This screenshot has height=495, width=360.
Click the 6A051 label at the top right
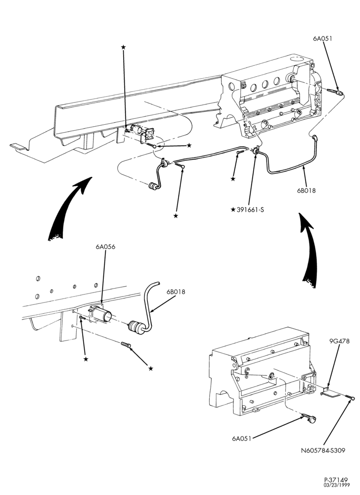click(322, 39)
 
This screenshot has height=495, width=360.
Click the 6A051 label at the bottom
click(241, 439)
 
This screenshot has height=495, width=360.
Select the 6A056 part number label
click(105, 247)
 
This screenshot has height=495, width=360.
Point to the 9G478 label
click(340, 341)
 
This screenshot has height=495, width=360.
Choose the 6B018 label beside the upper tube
click(306, 191)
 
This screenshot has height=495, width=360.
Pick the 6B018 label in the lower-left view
click(176, 292)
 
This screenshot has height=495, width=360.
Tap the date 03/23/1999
click(336, 485)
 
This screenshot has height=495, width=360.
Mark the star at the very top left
click(123, 47)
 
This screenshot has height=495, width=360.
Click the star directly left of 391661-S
click(233, 209)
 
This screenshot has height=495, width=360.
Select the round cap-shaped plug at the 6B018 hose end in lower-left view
click(135, 326)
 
